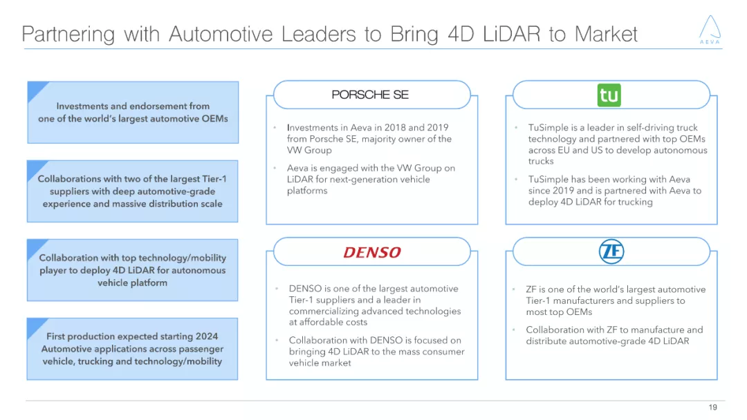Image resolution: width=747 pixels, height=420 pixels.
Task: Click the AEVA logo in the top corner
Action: coord(709,30)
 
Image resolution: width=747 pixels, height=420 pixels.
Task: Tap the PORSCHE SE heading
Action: coord(370,95)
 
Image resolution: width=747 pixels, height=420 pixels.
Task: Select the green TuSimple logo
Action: coord(609,95)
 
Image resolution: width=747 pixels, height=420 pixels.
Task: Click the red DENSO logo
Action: coord(372,253)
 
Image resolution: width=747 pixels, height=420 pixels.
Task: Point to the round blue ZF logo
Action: coord(611,252)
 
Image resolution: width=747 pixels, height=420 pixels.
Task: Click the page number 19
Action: coord(713,407)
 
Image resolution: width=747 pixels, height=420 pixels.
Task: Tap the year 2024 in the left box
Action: coord(206,336)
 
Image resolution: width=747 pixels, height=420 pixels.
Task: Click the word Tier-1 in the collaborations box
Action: coord(212,179)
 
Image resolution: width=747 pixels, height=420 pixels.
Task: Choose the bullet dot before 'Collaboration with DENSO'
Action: coord(275,341)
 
